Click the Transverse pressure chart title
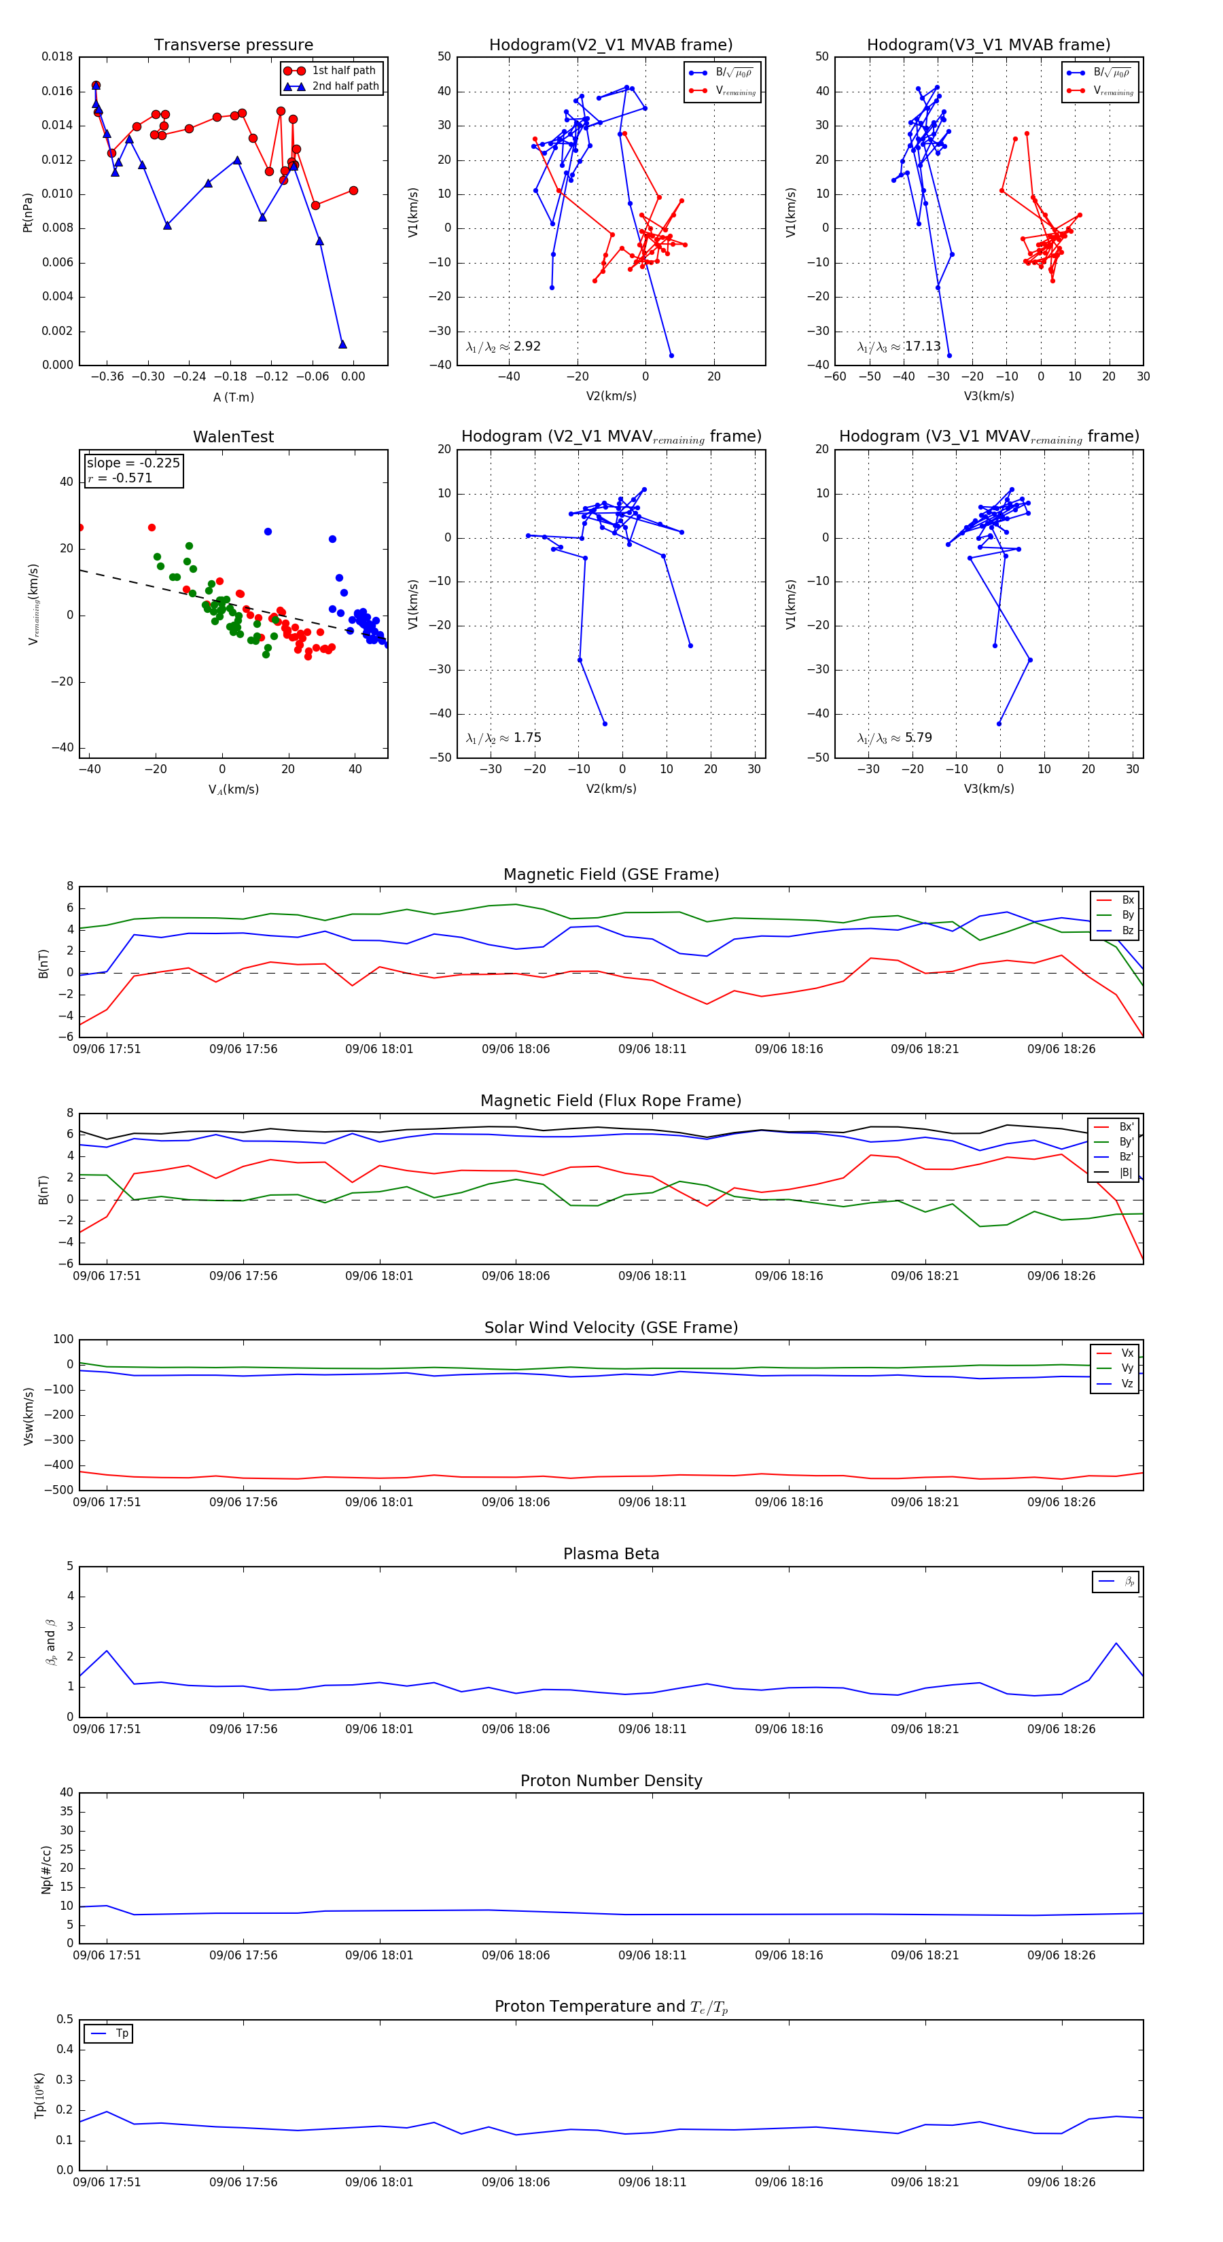coord(233,46)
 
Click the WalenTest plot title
coord(233,437)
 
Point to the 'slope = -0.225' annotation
coord(133,463)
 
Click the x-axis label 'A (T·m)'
coord(233,397)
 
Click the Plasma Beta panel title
coord(611,1554)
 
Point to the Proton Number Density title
coord(611,1781)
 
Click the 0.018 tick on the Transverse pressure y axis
coord(58,56)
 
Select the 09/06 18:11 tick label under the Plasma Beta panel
coord(652,1728)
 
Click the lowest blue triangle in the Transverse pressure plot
coord(342,344)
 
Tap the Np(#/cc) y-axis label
coord(47,1870)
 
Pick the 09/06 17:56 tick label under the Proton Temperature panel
coord(243,2182)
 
